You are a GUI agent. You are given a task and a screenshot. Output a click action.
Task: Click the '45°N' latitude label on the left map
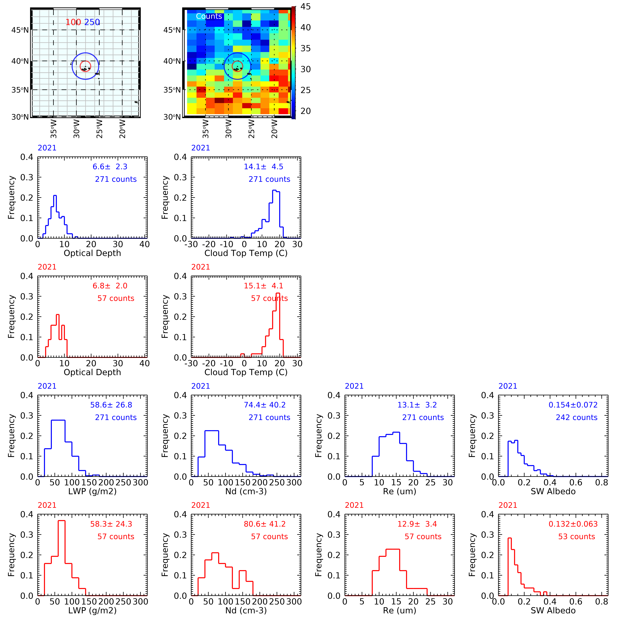[x=20, y=30]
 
